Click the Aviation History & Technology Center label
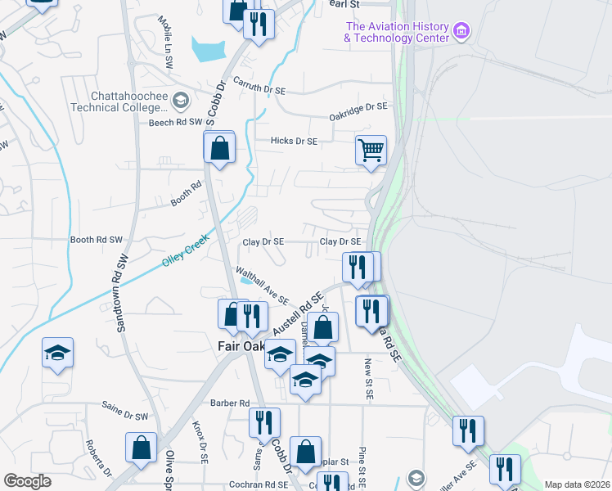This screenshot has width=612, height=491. tap(397, 32)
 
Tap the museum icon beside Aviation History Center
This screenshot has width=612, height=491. tap(461, 32)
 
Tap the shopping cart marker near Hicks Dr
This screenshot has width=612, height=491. tap(371, 151)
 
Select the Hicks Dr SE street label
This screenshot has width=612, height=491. tap(294, 141)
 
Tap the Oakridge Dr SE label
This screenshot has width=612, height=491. tap(358, 106)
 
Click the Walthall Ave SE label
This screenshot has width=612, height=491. tap(262, 285)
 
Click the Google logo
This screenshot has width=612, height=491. tap(27, 481)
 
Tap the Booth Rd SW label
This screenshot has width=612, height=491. tap(96, 240)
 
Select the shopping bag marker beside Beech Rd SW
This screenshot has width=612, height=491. tap(219, 149)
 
